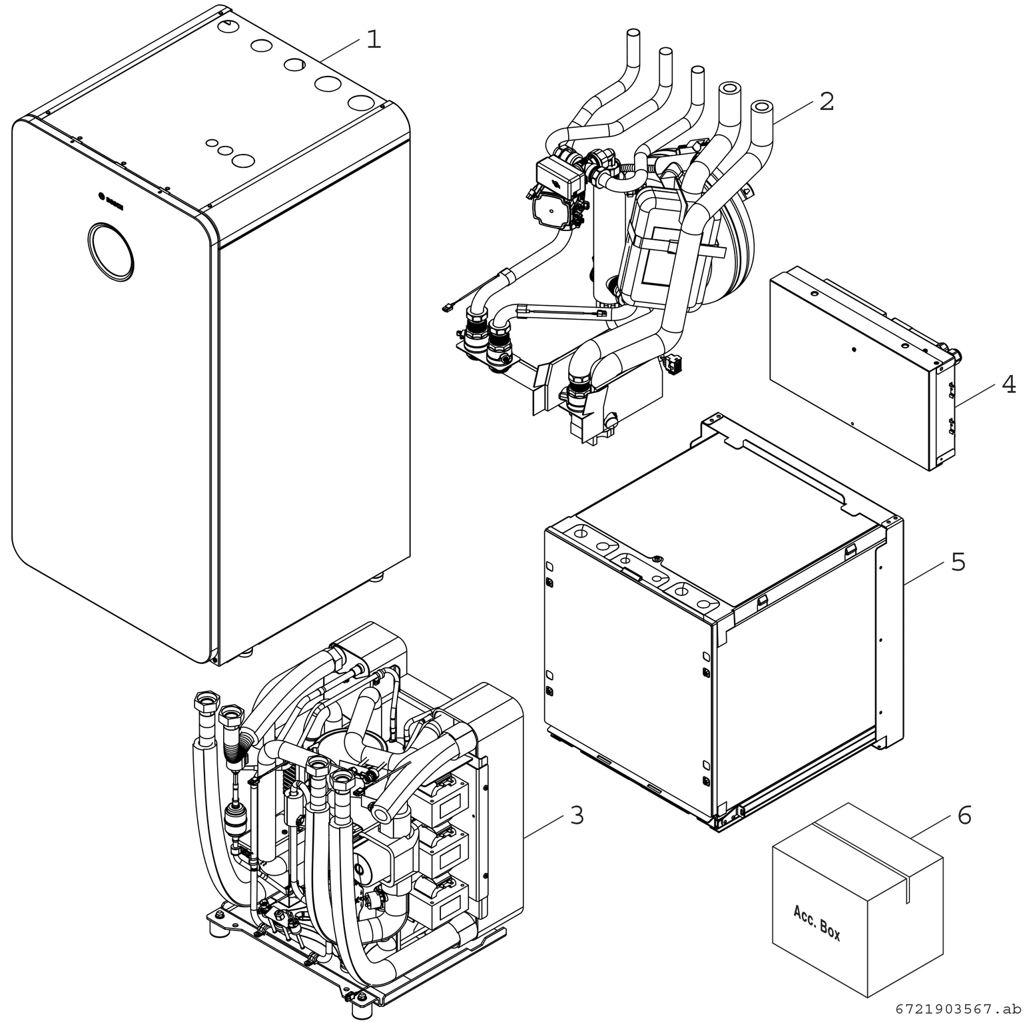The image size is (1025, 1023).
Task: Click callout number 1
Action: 374,39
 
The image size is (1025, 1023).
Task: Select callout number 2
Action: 826,102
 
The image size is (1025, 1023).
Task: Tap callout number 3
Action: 577,815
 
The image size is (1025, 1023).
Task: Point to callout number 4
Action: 1009,384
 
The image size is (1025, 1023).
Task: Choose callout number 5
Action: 958,562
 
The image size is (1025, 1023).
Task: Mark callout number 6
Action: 964,815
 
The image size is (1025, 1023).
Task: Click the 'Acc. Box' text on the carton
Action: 817,922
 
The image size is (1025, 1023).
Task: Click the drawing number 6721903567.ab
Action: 957,1008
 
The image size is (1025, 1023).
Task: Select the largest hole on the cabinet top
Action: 361,103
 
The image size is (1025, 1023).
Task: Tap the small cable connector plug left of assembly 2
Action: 448,308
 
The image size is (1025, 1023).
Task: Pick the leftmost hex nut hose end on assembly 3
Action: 203,701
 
